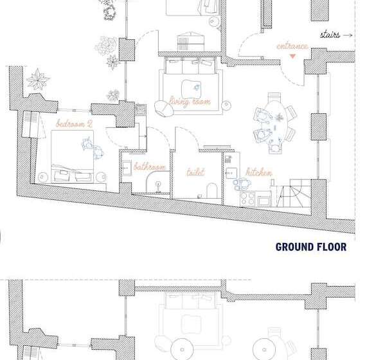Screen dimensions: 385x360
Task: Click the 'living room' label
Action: coord(190,102)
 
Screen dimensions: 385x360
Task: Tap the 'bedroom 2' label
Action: coord(74,123)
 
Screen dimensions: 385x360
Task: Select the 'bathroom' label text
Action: coord(150,166)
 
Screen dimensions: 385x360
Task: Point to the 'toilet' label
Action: coord(195,172)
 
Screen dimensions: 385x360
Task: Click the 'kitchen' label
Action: coord(259,172)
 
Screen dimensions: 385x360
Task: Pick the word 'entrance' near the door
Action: coord(292,46)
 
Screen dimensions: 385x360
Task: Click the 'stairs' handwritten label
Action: coord(330,35)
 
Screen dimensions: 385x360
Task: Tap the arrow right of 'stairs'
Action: coord(348,35)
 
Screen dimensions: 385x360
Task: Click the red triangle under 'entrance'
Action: coord(292,56)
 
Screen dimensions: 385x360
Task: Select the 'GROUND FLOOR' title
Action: coord(311,247)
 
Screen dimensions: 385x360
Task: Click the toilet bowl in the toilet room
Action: coord(212,190)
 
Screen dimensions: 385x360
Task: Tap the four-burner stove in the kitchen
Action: coord(247,199)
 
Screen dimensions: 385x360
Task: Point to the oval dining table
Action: coord(274,122)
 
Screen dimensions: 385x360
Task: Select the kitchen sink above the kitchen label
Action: coord(231,173)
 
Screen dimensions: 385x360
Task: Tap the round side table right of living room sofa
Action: coord(226,105)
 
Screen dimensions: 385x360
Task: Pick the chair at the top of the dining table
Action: coord(274,96)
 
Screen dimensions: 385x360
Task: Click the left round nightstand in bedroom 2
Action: coord(42,177)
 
